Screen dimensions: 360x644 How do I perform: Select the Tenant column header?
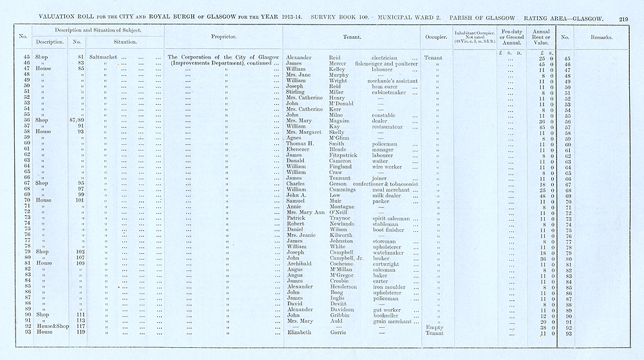[x=352, y=37]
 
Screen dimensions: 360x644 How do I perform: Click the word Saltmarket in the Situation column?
[x=103, y=57]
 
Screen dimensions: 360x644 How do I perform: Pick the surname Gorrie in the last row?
[x=330, y=332]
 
